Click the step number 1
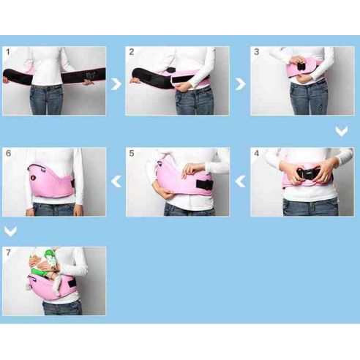[x=8, y=53]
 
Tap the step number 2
[x=132, y=53]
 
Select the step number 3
[x=256, y=53]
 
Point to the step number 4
[x=256, y=154]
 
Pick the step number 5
[x=132, y=154]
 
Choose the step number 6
[x=8, y=154]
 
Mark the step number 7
[x=8, y=252]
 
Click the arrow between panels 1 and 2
[x=116, y=83]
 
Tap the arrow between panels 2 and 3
[x=240, y=83]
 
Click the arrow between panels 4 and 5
[x=240, y=181]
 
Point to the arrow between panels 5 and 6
[x=116, y=181]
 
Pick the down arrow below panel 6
[x=10, y=231]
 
